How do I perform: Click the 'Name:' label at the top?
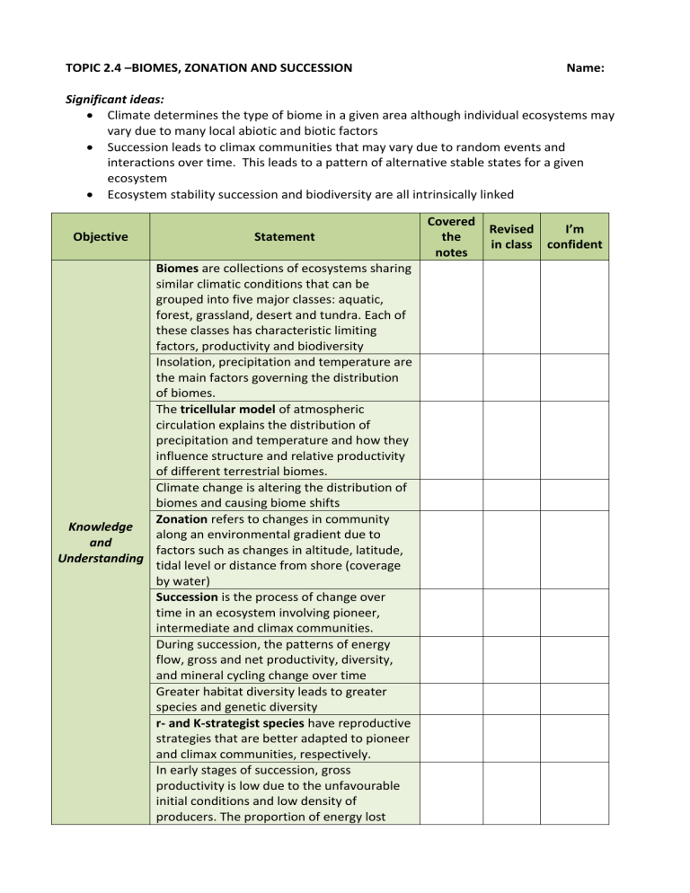click(584, 67)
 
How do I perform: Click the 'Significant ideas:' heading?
click(107, 101)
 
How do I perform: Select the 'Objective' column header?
click(101, 237)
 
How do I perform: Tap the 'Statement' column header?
click(284, 237)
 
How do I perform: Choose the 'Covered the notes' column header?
click(451, 237)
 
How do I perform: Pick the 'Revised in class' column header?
click(511, 237)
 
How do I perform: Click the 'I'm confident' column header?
click(573, 237)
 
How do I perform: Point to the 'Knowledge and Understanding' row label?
click(101, 543)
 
